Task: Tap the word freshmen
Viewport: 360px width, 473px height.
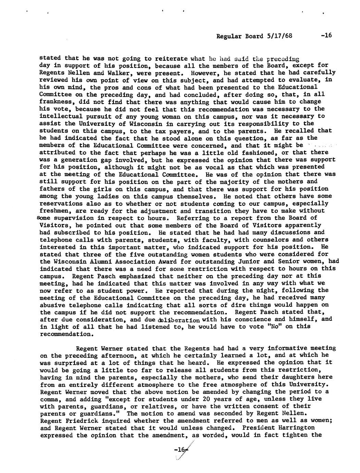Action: pos(52,211)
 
